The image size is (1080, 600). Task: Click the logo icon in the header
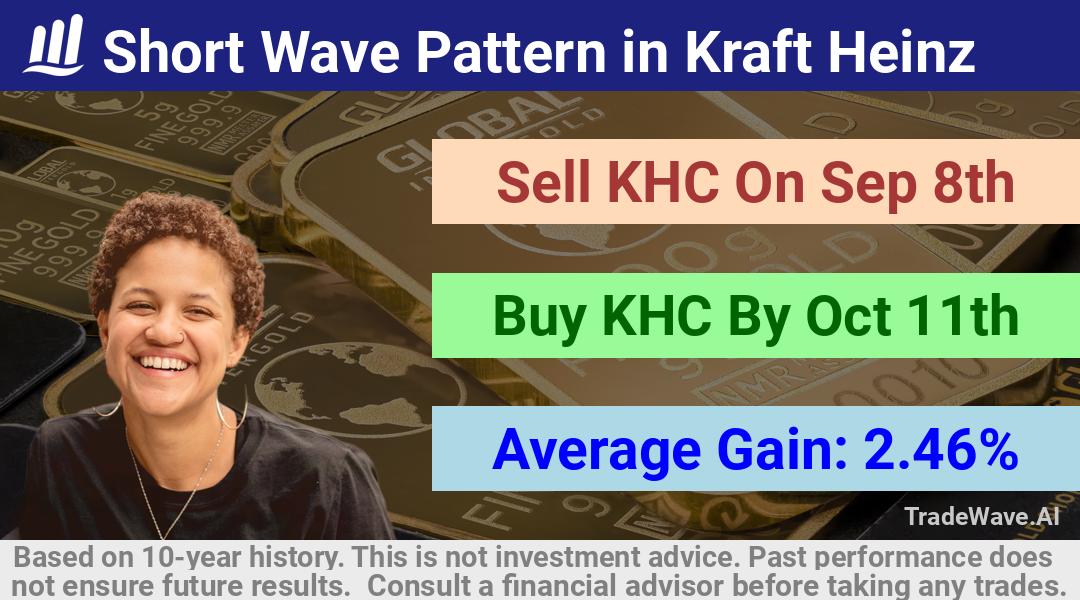click(x=54, y=45)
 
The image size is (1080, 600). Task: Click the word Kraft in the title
click(x=751, y=51)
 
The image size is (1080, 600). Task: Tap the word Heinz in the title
click(x=902, y=51)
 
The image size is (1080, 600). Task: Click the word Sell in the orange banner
click(x=543, y=182)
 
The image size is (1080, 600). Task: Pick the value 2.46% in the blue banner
click(x=941, y=449)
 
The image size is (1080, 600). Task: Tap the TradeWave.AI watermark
click(x=982, y=516)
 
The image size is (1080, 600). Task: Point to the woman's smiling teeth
click(x=163, y=362)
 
